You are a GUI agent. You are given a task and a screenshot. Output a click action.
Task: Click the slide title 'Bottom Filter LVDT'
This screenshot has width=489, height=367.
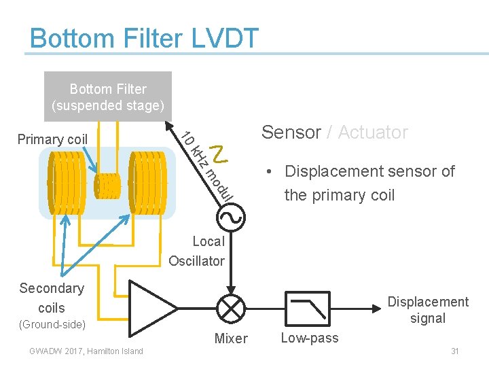[x=144, y=38]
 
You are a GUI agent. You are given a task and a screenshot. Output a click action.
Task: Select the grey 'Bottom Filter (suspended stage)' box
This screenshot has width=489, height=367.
[x=107, y=97]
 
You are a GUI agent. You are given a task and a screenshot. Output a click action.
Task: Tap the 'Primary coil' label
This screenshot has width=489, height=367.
[x=52, y=140]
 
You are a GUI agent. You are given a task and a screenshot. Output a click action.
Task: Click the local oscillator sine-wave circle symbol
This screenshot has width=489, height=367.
[x=230, y=217]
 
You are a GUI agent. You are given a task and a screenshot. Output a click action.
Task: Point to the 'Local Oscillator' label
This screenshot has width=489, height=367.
[x=197, y=251]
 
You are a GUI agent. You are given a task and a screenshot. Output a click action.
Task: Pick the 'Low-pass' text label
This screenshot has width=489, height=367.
[x=310, y=338]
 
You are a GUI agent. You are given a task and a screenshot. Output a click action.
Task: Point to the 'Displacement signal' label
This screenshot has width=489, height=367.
[x=427, y=310]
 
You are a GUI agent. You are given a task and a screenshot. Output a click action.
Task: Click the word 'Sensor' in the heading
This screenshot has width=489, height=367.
[x=291, y=133]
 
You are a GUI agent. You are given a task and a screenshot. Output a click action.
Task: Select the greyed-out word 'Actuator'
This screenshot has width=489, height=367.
[x=372, y=133]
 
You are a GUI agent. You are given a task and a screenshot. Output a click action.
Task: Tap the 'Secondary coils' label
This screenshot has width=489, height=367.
[x=52, y=298]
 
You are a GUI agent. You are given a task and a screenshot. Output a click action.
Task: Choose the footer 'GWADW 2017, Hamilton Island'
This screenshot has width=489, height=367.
[x=86, y=351]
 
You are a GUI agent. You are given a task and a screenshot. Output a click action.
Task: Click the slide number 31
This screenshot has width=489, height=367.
[x=454, y=351]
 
